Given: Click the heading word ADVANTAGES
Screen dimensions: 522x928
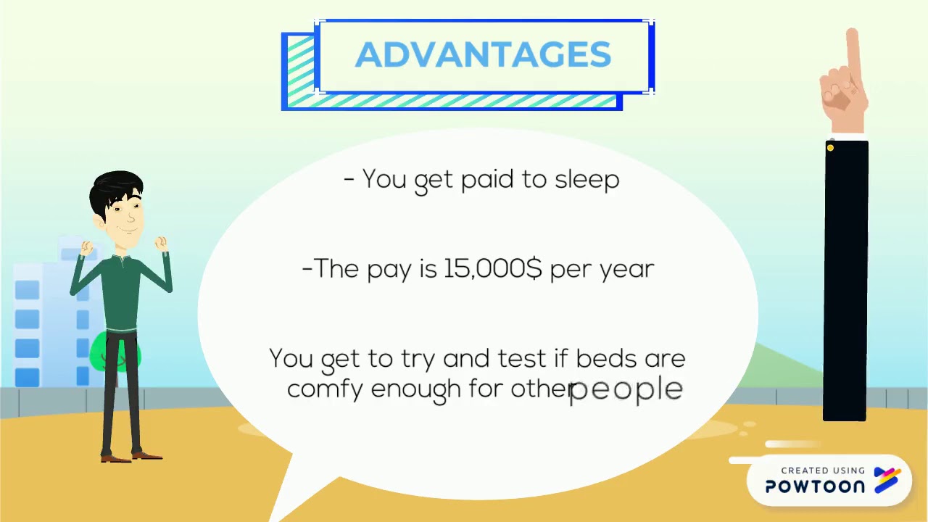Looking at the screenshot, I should click(483, 55).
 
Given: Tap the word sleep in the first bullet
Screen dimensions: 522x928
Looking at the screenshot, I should click(587, 179).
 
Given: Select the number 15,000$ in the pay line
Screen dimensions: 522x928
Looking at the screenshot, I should click(492, 269).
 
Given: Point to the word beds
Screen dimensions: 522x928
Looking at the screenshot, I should click(603, 358).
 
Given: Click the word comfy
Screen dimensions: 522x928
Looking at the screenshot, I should click(324, 389).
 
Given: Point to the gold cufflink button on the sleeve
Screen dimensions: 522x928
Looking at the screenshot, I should click(830, 149).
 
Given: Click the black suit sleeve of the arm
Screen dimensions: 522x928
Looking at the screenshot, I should click(845, 283).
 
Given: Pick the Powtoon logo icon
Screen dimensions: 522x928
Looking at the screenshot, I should click(887, 480).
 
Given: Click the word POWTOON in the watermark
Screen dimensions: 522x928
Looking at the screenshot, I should click(815, 486).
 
